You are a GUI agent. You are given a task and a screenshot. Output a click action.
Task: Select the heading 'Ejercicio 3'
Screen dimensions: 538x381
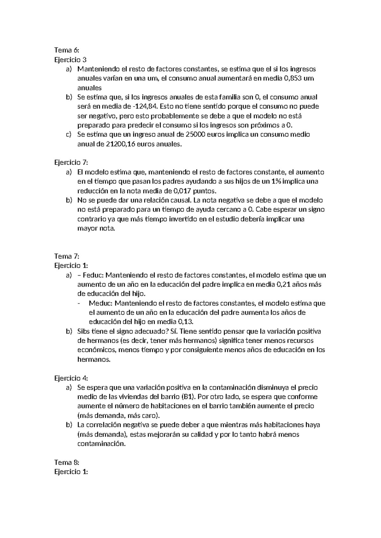(x=70, y=60)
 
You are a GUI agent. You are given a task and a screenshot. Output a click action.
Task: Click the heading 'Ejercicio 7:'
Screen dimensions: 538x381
(x=71, y=163)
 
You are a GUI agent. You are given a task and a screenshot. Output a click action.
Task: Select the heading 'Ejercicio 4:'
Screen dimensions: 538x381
(x=71, y=378)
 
